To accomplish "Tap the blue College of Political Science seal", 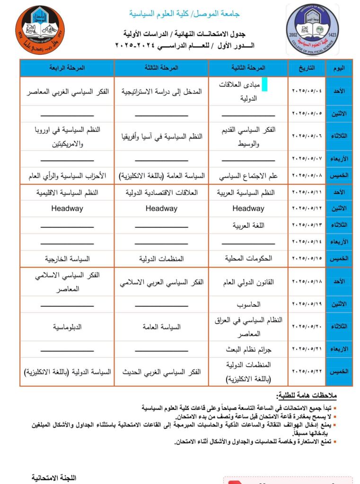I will (313, 30).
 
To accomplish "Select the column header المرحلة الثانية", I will (248, 68).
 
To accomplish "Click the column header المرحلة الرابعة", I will (67, 68).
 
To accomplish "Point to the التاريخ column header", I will (307, 68).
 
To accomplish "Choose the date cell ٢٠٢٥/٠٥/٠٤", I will (307, 91).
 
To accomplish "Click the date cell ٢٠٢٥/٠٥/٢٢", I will (307, 372).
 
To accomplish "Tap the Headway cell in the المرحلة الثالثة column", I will (161, 208).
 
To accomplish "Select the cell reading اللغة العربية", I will (248, 225).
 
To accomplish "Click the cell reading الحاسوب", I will (248, 304).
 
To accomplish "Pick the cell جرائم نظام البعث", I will (248, 349).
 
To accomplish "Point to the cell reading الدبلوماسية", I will (67, 327).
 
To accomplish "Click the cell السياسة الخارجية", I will (67, 259).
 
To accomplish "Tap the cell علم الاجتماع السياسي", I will (248, 176).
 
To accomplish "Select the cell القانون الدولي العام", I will (248, 282).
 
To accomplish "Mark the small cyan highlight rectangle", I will (264, 85).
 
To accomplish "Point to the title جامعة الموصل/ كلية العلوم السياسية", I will (184, 14).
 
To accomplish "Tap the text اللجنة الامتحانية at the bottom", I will (54, 478).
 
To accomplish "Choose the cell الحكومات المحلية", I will (248, 259).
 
